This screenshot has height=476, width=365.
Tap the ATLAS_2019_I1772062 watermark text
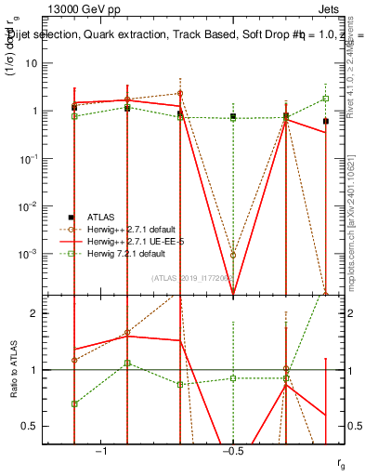coord(190,277)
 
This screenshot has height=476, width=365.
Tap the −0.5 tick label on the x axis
coord(232,451)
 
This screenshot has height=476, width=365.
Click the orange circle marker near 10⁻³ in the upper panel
coord(233,255)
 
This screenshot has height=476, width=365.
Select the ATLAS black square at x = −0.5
coord(233,116)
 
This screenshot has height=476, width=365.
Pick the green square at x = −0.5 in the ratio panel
coord(233,378)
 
